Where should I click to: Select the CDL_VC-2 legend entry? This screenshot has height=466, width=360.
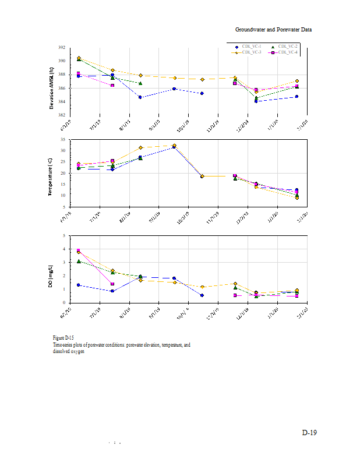click(285, 46)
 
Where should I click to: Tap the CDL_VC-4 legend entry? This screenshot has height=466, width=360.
click(285, 52)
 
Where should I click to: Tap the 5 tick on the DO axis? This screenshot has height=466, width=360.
click(63, 236)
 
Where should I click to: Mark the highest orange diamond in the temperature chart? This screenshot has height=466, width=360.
click(174, 146)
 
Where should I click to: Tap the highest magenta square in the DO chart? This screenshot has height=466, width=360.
click(79, 250)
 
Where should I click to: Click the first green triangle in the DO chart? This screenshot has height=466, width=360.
click(79, 262)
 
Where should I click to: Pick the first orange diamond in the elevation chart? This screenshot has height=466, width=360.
click(79, 58)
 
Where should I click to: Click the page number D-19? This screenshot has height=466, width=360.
click(309, 433)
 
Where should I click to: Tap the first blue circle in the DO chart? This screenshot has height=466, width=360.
click(79, 285)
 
